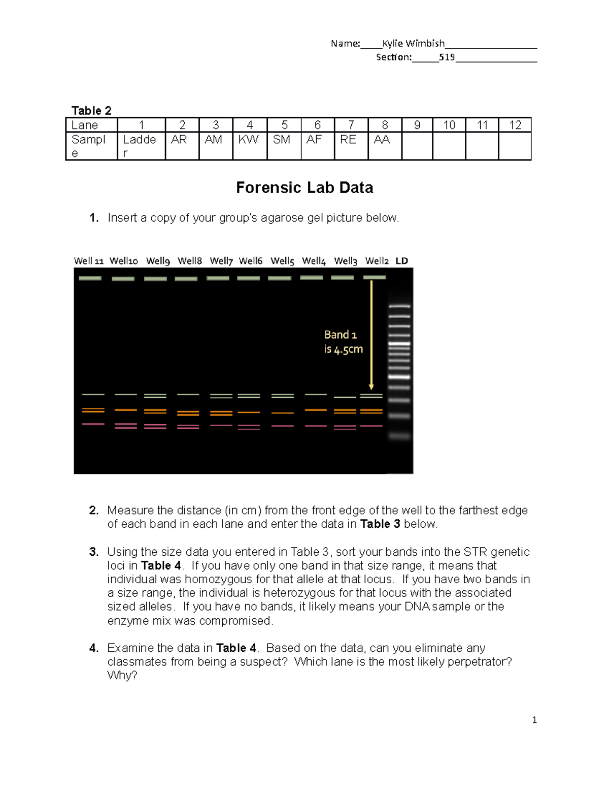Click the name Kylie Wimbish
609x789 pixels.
point(413,44)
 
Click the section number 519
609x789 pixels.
point(447,57)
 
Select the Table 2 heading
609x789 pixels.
point(91,111)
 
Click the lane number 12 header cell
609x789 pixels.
point(515,125)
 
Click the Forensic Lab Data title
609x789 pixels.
point(304,188)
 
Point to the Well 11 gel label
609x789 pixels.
point(88,261)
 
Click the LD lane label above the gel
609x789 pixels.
point(401,261)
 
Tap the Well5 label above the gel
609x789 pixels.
point(282,261)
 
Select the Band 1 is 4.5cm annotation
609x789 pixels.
point(343,341)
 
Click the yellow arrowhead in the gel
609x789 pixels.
point(371,387)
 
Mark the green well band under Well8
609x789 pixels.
point(186,278)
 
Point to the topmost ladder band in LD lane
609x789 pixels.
point(399,306)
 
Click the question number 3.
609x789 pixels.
point(93,552)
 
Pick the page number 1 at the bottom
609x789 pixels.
point(534,720)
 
